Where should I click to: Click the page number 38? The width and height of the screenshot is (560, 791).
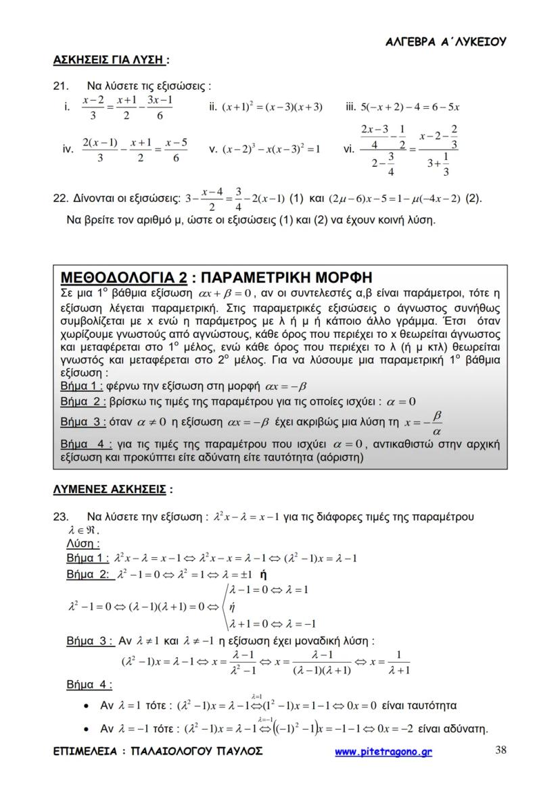pyautogui.click(x=500, y=750)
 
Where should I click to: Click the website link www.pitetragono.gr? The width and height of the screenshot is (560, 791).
pyautogui.click(x=383, y=751)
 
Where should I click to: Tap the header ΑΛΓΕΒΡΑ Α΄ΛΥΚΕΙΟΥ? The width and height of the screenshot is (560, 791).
pyautogui.click(x=446, y=42)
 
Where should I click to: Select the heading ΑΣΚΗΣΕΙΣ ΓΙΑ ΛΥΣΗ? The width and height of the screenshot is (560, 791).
pyautogui.click(x=108, y=60)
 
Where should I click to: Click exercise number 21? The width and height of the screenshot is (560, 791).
pyautogui.click(x=61, y=86)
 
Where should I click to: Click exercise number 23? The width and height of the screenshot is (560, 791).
pyautogui.click(x=60, y=517)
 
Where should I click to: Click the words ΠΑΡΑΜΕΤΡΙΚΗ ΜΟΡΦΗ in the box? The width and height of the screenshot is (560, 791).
pyautogui.click(x=287, y=278)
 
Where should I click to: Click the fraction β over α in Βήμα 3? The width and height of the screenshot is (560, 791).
pyautogui.click(x=436, y=423)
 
